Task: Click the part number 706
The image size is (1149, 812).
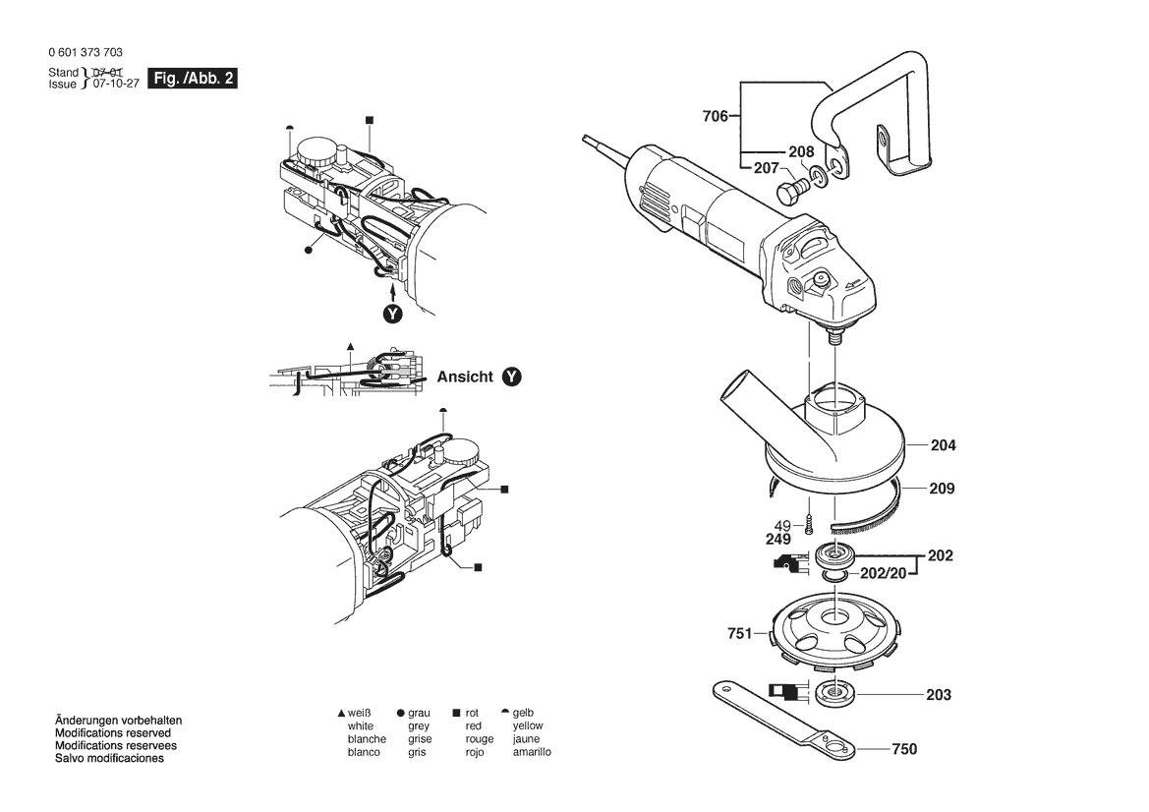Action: tap(715, 117)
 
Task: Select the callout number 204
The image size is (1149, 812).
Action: tap(943, 445)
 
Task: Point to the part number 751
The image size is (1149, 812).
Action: tap(740, 634)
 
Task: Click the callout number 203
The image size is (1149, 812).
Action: tap(939, 695)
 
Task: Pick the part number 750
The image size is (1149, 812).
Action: tap(903, 749)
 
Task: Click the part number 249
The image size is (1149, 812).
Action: tap(777, 539)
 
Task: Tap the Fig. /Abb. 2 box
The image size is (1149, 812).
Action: tap(192, 79)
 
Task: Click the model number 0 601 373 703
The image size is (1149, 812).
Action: tap(85, 53)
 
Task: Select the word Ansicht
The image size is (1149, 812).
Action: tap(465, 377)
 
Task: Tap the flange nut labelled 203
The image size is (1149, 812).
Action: tap(836, 692)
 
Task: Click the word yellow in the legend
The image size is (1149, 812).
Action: tap(527, 725)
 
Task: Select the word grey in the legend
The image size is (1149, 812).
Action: tap(420, 725)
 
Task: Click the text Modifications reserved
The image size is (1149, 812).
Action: tap(113, 733)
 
